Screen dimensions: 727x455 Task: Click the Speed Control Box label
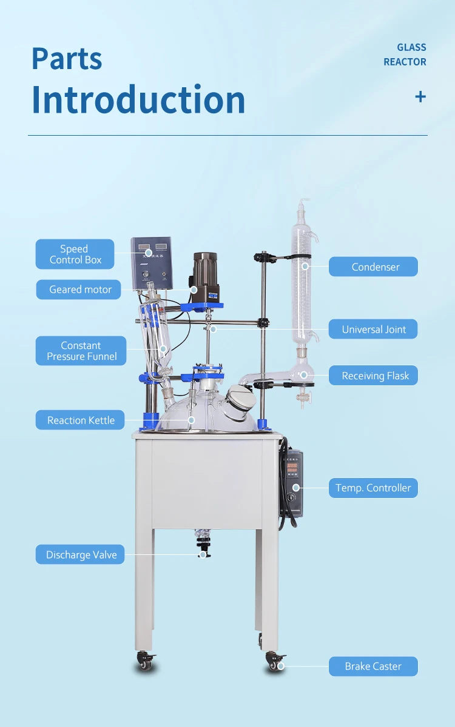pyautogui.click(x=75, y=254)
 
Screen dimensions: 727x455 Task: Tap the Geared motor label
pyautogui.click(x=80, y=290)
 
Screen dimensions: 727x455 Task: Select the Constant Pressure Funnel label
pyautogui.click(x=81, y=351)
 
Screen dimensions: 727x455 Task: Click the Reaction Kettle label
pyautogui.click(x=80, y=420)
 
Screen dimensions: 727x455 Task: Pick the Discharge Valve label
pyautogui.click(x=81, y=555)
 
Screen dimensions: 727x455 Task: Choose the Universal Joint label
pyautogui.click(x=374, y=330)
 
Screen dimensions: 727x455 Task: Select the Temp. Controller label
pyautogui.click(x=373, y=488)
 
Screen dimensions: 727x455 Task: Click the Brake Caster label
pyautogui.click(x=373, y=666)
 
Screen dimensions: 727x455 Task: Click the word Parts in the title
pyautogui.click(x=67, y=59)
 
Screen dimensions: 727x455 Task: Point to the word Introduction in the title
pyautogui.click(x=138, y=100)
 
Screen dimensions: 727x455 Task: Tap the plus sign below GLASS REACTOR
pyautogui.click(x=420, y=96)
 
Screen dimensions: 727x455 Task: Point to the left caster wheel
pyautogui.click(x=146, y=663)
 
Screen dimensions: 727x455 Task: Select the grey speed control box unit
pyautogui.click(x=151, y=263)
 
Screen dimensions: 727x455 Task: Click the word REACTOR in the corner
pyautogui.click(x=405, y=62)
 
